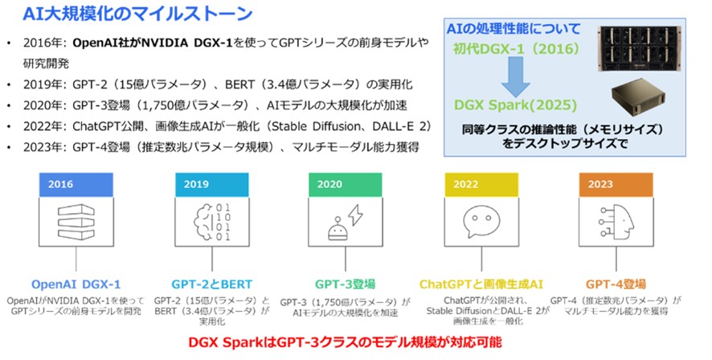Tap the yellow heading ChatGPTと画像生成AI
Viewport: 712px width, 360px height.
coord(481,284)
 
